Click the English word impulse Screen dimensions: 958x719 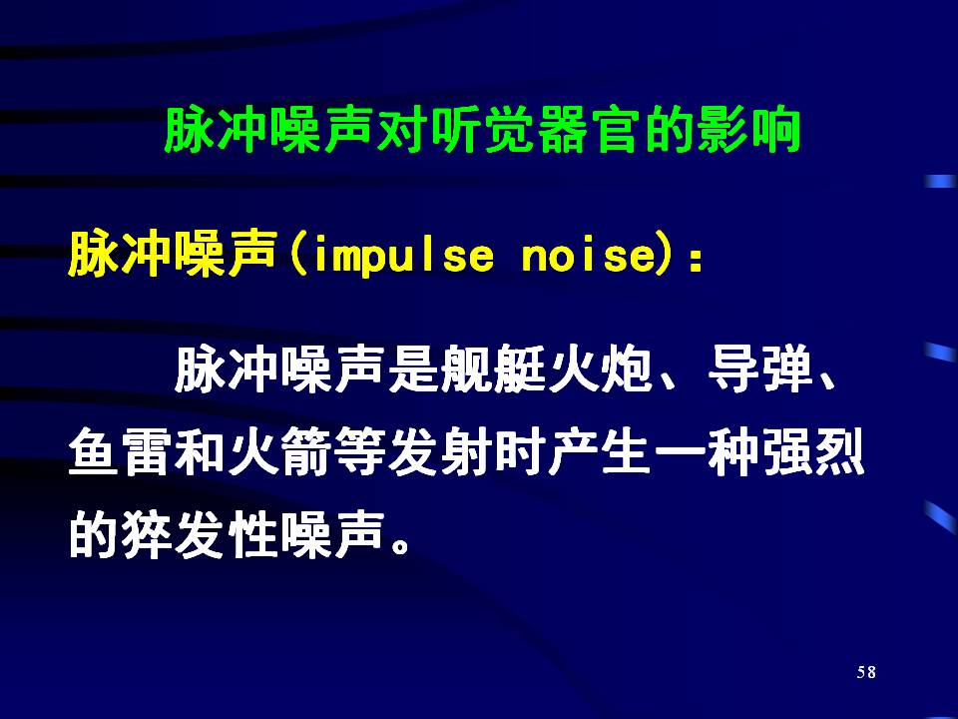pos(402,257)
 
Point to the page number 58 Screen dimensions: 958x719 pos(866,672)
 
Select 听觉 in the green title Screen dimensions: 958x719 pos(456,130)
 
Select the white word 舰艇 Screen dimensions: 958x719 pos(494,368)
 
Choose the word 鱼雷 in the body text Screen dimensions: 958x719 pos(121,453)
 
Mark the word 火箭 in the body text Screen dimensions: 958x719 pos(280,453)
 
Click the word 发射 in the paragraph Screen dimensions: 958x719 pos(440,453)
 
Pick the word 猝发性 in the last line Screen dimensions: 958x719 pos(201,535)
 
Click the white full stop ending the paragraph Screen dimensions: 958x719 pos(401,544)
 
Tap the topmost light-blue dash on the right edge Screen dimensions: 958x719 pos(940,182)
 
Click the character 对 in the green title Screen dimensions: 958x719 pos(402,130)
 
